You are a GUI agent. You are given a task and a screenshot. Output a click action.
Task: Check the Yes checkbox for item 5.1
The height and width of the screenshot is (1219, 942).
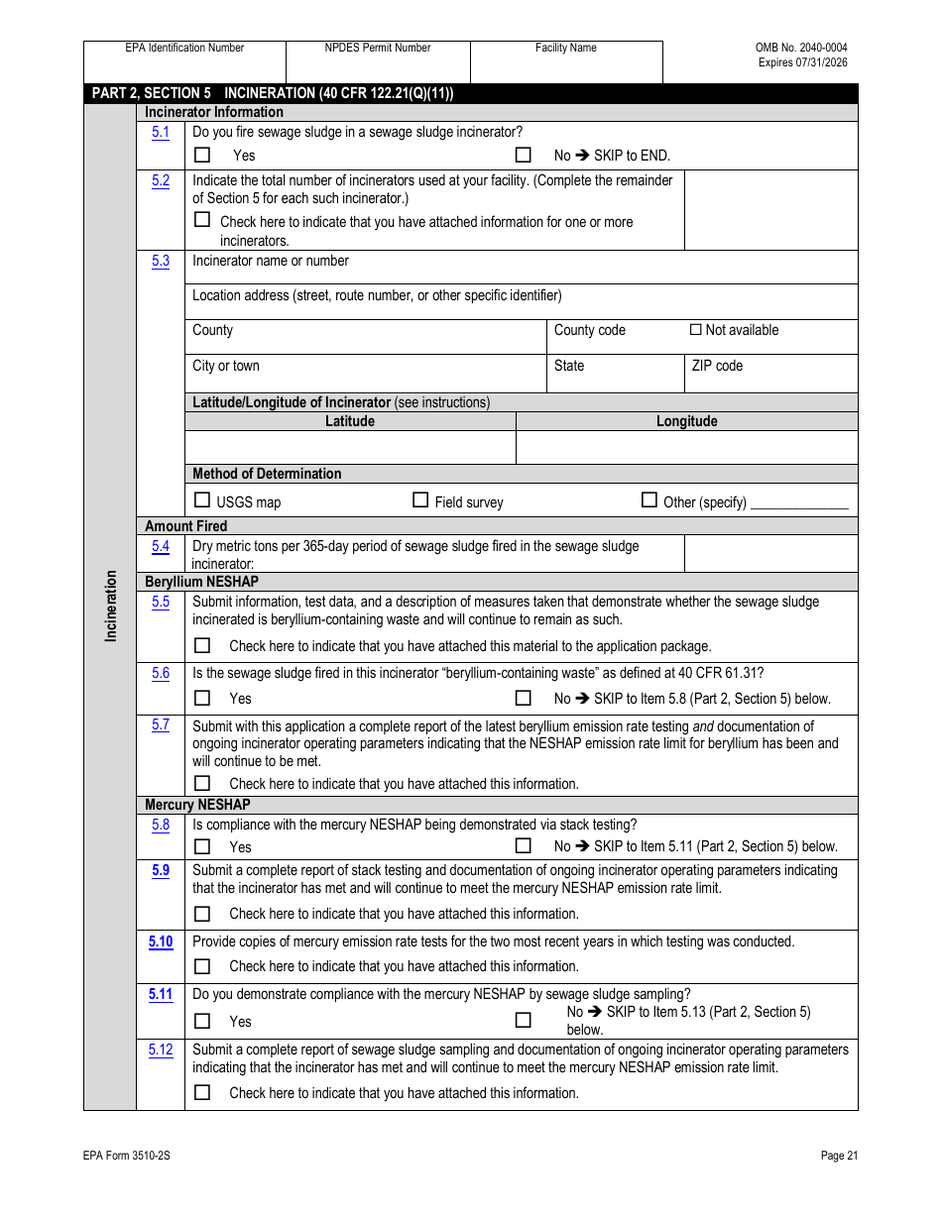pyautogui.click(x=202, y=155)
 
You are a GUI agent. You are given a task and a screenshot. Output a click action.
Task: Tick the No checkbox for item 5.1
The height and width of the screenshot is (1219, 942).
pyautogui.click(x=524, y=155)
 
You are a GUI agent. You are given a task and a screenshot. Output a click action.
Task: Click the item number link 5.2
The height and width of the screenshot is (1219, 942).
pyautogui.click(x=161, y=180)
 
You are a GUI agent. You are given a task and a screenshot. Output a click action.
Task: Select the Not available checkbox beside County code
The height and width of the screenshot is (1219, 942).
pyautogui.click(x=696, y=330)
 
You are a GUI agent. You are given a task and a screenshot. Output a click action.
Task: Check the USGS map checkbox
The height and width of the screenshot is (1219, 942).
pyautogui.click(x=202, y=500)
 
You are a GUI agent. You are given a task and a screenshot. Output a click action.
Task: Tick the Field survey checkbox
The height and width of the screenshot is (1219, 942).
pyautogui.click(x=420, y=500)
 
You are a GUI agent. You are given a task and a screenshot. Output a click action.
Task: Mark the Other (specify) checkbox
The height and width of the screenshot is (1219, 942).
pyautogui.click(x=649, y=500)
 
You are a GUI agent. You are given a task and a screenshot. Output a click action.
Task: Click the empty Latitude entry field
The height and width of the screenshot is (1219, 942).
pyautogui.click(x=350, y=447)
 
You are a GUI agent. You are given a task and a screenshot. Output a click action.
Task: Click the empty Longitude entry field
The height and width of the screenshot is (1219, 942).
pyautogui.click(x=686, y=447)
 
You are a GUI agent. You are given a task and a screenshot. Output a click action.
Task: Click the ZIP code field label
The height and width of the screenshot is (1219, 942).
pyautogui.click(x=717, y=366)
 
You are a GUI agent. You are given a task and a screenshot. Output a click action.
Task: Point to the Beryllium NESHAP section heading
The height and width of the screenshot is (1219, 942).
pyautogui.click(x=201, y=582)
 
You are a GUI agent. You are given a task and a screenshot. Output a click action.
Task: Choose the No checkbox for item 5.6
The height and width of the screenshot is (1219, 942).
pyautogui.click(x=524, y=698)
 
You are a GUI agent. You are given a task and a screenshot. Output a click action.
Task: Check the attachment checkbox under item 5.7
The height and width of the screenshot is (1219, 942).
pyautogui.click(x=202, y=783)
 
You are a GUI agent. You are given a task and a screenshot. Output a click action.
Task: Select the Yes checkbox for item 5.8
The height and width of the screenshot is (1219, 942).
pyautogui.click(x=202, y=846)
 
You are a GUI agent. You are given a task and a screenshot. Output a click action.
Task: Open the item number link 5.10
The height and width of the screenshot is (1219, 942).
pyautogui.click(x=161, y=942)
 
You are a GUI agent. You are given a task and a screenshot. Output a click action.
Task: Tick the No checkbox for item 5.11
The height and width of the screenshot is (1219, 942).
pyautogui.click(x=524, y=1020)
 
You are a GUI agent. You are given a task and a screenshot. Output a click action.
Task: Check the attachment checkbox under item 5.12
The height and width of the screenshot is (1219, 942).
pyautogui.click(x=202, y=1092)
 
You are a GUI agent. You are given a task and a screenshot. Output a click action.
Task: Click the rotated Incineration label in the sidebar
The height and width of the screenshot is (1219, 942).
pyautogui.click(x=111, y=606)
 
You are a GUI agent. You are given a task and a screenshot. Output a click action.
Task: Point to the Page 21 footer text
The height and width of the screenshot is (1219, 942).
pyautogui.click(x=839, y=1156)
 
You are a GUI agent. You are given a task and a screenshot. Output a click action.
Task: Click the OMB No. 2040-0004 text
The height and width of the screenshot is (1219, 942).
pyautogui.click(x=801, y=48)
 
